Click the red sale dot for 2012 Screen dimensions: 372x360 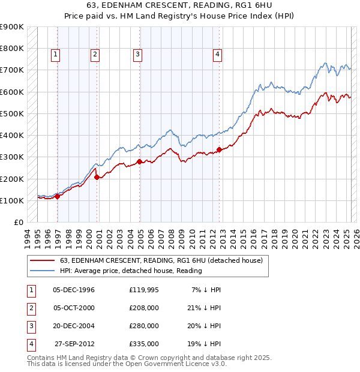click(220, 149)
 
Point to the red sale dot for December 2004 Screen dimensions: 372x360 click(139, 161)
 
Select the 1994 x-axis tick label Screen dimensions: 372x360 click(28, 238)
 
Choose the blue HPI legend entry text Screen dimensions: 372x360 click(131, 271)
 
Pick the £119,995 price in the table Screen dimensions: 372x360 click(144, 290)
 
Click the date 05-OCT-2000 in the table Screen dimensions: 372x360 click(74, 308)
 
